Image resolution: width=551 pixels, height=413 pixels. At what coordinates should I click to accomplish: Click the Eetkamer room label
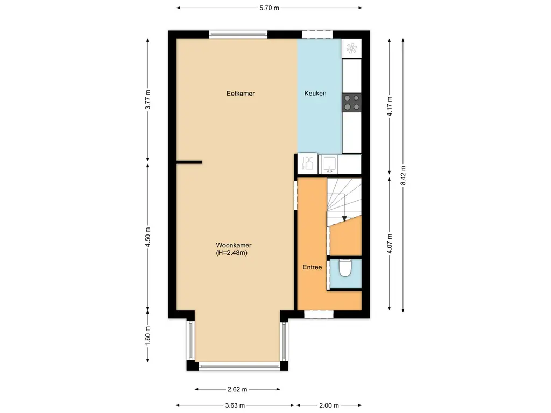pos(241,94)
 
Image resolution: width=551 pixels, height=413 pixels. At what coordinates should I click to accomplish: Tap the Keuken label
pos(315,94)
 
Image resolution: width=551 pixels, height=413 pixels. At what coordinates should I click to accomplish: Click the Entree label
pos(312,267)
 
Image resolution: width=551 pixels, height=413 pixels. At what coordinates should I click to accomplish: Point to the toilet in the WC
pos(345,267)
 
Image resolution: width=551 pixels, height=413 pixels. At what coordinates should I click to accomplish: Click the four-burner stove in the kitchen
pos(352,102)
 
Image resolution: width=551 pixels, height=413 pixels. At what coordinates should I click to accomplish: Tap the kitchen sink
pos(329,163)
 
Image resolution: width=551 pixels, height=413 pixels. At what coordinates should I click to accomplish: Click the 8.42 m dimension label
pos(404,175)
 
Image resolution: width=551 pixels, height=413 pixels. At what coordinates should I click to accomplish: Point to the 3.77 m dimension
pos(147,99)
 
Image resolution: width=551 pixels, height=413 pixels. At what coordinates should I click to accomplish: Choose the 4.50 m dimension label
pos(147,237)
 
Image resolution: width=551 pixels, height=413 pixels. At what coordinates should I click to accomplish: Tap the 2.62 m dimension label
pos(237,389)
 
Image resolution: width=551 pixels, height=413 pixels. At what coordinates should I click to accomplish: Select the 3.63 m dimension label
pos(235,405)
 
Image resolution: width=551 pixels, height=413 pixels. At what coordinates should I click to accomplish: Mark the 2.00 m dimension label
pos(329,405)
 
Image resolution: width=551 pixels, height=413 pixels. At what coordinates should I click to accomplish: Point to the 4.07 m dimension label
pos(391,243)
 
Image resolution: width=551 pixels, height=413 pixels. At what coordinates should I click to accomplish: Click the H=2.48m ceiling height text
pos(231,253)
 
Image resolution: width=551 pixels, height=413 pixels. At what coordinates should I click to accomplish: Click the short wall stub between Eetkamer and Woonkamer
pos(189,162)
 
